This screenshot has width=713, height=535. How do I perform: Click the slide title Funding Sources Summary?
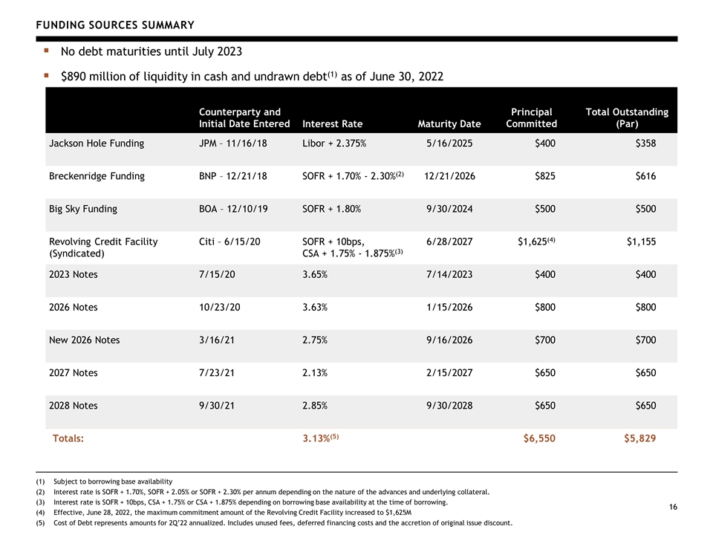pos(115,25)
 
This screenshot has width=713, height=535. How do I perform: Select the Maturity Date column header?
pos(449,124)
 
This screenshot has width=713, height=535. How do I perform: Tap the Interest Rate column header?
pos(333,124)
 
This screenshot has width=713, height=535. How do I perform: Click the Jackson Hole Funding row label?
pos(97,143)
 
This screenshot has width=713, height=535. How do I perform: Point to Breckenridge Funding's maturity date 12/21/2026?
pos(449,176)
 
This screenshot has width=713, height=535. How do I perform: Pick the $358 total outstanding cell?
pos(645,143)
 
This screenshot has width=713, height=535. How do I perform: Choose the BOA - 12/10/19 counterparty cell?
pos(233,209)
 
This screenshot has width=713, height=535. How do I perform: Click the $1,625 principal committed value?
pos(533,241)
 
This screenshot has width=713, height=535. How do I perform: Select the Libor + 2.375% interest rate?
pos(334,143)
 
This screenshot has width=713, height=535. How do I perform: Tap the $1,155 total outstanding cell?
pos(641,241)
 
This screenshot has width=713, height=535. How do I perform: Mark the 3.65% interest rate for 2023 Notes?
pos(315,274)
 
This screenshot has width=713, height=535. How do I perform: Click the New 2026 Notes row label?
pos(84,340)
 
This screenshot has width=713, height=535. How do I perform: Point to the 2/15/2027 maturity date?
pos(449,372)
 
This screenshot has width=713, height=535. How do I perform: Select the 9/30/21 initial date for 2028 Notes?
pos(216,406)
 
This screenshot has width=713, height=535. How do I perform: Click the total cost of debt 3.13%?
pos(316,438)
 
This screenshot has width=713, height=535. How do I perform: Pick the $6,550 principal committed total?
pos(539,438)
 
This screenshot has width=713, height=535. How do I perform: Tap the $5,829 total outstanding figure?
pos(639,438)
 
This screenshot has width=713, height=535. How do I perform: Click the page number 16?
pos(673,507)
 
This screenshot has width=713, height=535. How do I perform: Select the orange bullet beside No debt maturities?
pos(46,51)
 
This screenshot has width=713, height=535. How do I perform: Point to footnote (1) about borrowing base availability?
pos(104,481)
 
